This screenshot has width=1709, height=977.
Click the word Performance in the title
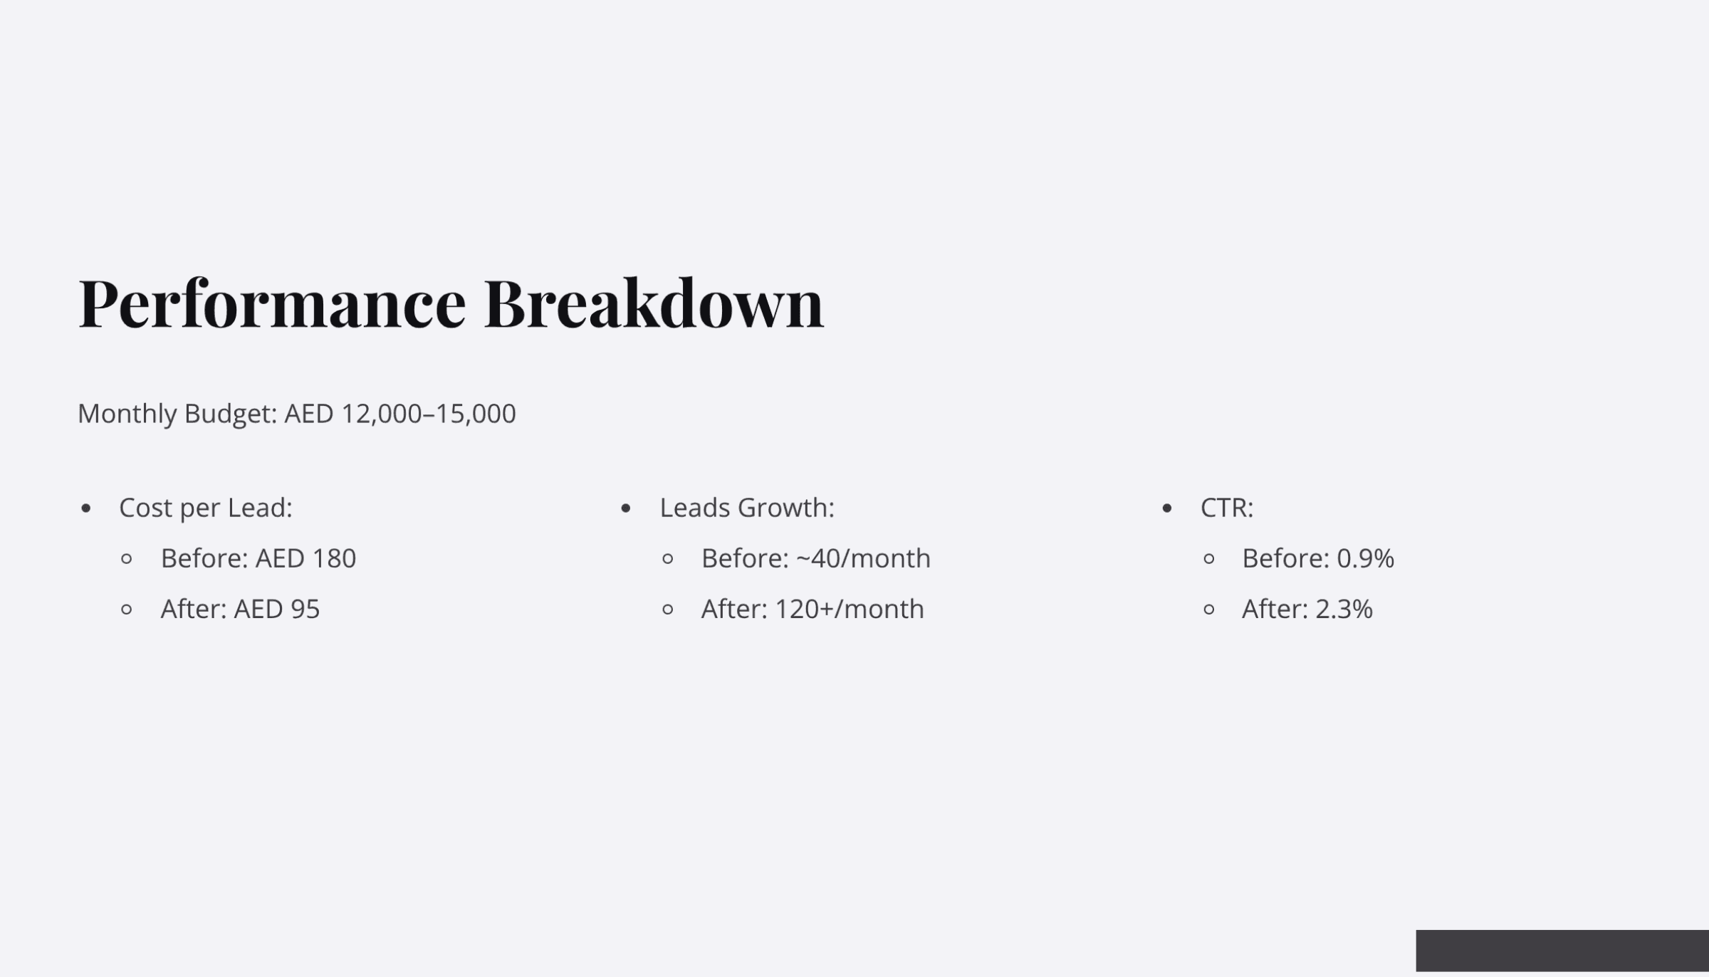tap(272, 304)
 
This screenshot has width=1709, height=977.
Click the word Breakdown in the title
tap(653, 304)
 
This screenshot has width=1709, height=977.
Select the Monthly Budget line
tap(296, 414)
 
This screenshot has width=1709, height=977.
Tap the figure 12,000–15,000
tap(429, 414)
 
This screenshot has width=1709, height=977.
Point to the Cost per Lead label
tap(205, 508)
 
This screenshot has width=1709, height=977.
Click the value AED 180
tap(305, 558)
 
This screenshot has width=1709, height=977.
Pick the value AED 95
tap(276, 609)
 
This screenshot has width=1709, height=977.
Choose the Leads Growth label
tap(746, 508)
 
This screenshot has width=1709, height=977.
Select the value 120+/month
tap(849, 609)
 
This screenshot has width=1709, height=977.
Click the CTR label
tap(1226, 508)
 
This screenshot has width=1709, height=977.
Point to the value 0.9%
tap(1365, 558)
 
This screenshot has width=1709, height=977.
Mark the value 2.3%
tap(1343, 609)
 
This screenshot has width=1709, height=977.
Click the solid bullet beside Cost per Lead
tap(86, 508)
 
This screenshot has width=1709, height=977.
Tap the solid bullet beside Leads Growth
tap(626, 508)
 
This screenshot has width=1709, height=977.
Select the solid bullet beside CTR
tap(1166, 508)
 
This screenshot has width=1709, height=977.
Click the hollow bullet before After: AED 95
tap(127, 610)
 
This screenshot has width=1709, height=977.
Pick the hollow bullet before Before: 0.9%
tap(1208, 559)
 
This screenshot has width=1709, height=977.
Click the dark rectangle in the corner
tap(1562, 950)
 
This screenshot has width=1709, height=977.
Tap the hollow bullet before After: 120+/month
tap(667, 610)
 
